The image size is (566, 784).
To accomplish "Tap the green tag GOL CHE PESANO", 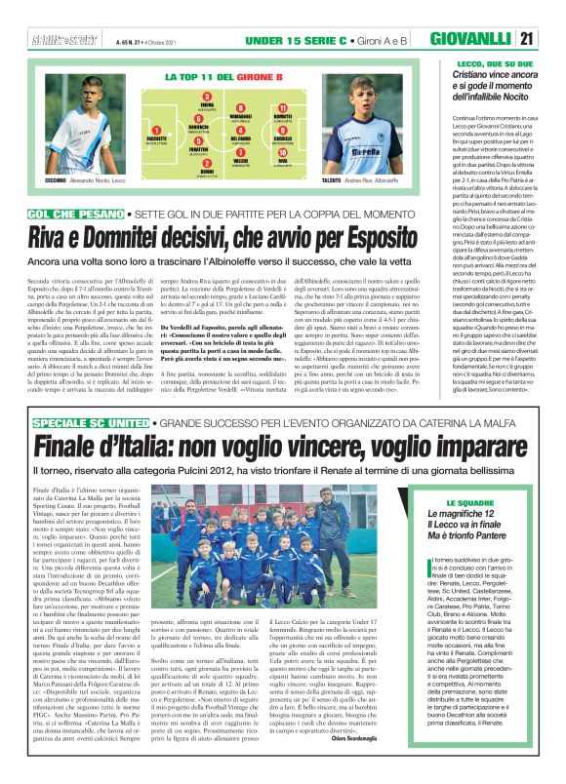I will click(77, 212).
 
